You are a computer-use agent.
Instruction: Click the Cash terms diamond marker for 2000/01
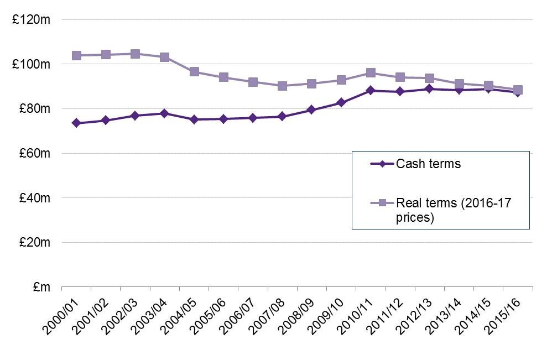point(76,123)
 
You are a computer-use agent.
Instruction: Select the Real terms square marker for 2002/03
point(135,54)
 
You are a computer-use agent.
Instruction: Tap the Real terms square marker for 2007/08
point(282,86)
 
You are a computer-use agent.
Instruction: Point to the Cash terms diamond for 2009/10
point(341,102)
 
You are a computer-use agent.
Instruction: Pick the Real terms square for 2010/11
point(371,72)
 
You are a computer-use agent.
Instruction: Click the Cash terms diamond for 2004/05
point(194,119)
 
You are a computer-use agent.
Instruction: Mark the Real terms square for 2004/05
point(194,71)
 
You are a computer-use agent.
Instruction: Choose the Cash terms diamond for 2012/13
point(429,88)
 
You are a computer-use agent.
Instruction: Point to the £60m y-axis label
point(34,153)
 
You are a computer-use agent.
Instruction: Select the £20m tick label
point(34,242)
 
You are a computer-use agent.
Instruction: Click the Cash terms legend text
point(428,164)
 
